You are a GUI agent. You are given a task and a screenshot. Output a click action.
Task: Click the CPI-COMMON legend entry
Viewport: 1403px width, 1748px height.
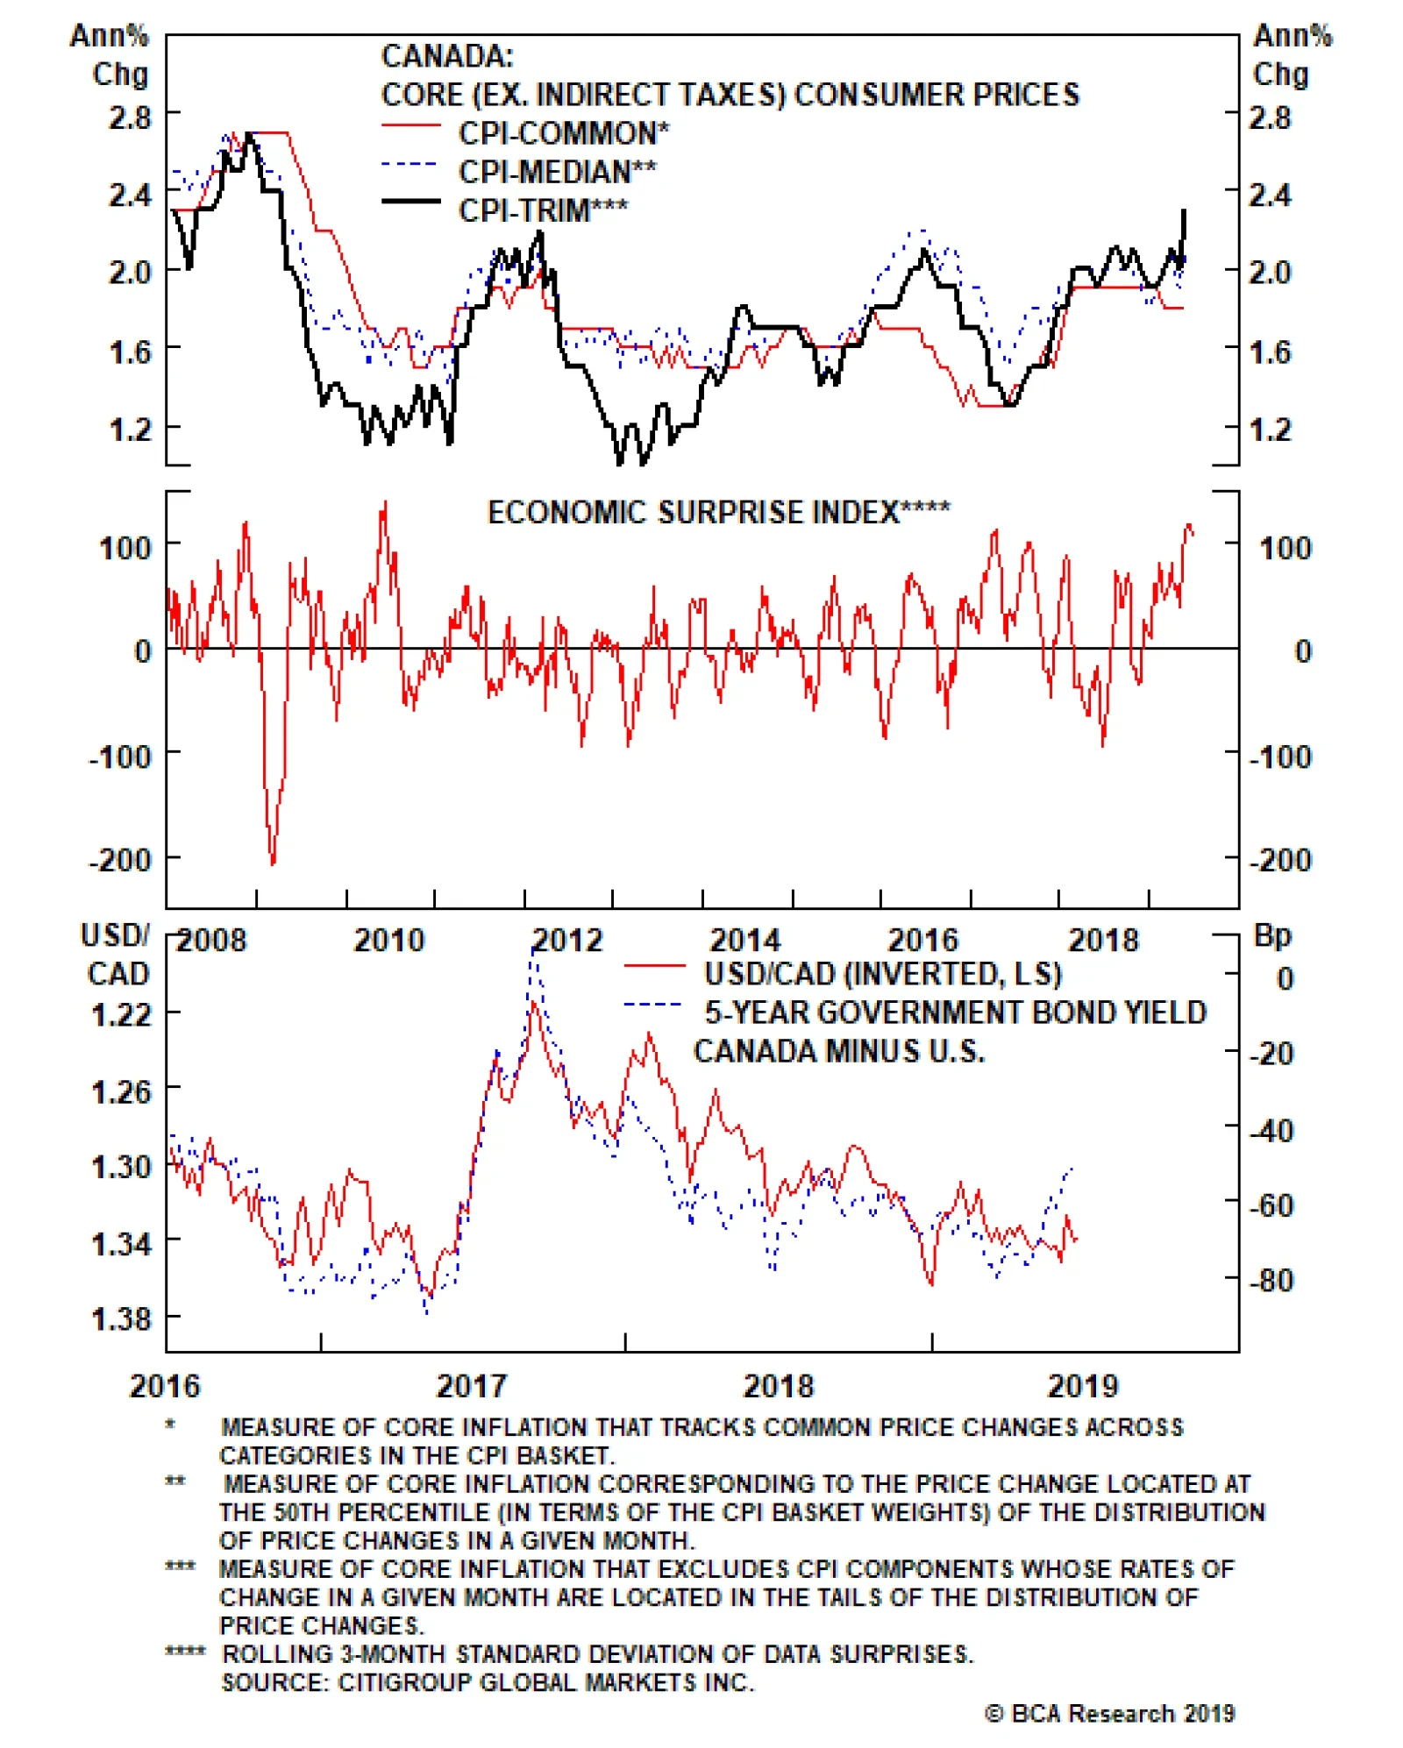[x=563, y=133]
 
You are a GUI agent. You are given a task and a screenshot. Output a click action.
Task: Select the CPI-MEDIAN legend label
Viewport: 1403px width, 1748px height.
[x=557, y=172]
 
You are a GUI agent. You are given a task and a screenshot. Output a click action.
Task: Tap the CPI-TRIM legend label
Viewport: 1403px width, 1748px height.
[x=543, y=210]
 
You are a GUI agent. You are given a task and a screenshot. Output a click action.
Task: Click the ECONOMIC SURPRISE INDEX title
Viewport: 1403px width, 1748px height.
[x=718, y=512]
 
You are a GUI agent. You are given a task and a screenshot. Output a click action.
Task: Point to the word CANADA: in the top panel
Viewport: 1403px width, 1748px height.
[x=447, y=57]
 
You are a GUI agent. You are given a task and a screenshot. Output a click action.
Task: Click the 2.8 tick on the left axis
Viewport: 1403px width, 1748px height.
[x=129, y=117]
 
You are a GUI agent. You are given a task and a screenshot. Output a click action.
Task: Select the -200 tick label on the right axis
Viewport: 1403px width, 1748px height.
[x=1279, y=860]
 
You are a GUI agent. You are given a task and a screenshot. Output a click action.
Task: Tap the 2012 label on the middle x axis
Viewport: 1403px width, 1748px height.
[x=567, y=941]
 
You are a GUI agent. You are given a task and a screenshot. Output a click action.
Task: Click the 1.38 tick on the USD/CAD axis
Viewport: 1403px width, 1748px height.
[x=120, y=1318]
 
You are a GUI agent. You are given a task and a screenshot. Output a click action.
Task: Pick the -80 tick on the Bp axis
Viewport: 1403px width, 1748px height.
[x=1271, y=1281]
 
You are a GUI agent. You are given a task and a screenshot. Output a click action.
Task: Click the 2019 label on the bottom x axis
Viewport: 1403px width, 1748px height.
[x=1083, y=1386]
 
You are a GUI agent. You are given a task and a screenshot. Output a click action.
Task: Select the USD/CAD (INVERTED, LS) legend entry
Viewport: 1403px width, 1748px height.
[x=882, y=974]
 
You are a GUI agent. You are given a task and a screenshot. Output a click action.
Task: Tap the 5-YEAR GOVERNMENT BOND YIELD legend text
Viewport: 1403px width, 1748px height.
[x=955, y=1013]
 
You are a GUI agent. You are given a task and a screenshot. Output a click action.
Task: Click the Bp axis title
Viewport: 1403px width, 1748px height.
[x=1272, y=935]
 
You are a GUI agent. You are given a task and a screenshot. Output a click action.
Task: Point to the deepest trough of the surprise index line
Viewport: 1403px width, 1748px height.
[x=273, y=863]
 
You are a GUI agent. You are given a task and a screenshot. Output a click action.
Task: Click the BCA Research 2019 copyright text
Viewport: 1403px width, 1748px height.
[x=1109, y=1713]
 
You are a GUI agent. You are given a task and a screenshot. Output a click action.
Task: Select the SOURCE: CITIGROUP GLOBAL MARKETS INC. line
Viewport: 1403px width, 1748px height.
[x=488, y=1682]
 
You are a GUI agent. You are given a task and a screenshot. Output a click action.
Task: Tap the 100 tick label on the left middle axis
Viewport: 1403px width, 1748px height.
[x=125, y=549]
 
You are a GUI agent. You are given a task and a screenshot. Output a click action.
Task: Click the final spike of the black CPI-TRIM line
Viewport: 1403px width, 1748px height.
[x=1184, y=211]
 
